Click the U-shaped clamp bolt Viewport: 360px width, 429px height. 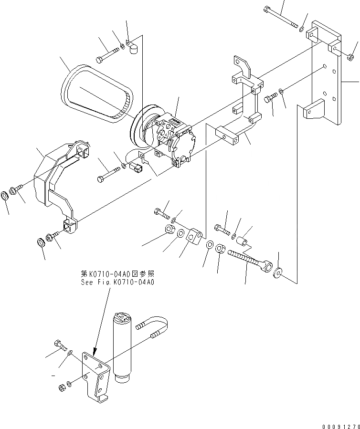click(x=157, y=330)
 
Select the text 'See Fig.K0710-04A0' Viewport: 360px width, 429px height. click(x=117, y=282)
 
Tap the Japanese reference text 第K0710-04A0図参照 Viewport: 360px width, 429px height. click(x=117, y=274)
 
